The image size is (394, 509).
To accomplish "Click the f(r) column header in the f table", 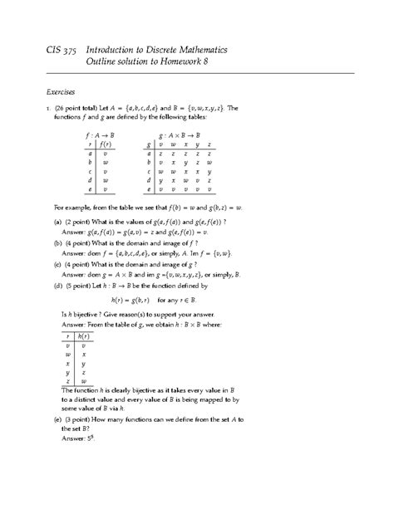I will tap(106, 143).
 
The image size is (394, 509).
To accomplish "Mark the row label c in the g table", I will tap(149, 172).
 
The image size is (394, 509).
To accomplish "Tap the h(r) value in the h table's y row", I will tap(84, 374).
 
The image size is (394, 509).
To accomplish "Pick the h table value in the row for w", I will tap(84, 353).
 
